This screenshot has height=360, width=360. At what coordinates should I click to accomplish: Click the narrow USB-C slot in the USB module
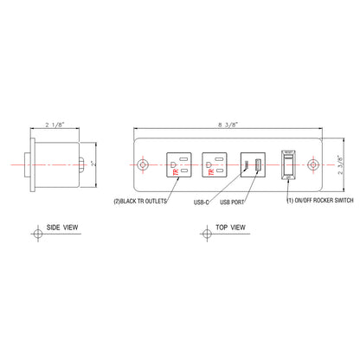coord(244,165)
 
